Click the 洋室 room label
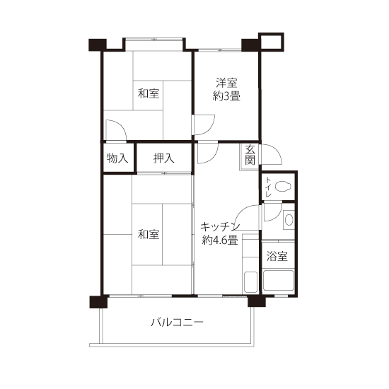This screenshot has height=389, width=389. tap(226, 83)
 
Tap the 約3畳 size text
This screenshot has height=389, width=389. tap(226, 96)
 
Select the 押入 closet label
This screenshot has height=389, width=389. tap(164, 158)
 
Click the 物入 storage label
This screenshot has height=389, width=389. tap(117, 158)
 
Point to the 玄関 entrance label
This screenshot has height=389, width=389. tap(250, 156)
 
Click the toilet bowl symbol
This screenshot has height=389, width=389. tap(283, 186)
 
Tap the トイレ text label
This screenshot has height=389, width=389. tap(268, 187)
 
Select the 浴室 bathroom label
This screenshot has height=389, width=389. tap(277, 256)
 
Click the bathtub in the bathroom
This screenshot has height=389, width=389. tap(279, 280)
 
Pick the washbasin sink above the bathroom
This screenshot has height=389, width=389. tap(289, 220)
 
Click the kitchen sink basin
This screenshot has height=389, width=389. tap(250, 282)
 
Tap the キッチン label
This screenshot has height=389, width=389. tap(220, 226)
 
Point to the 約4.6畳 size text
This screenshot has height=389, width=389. tap(220, 240)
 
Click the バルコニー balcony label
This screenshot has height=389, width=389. tap(177, 323)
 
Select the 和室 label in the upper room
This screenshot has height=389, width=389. tap(149, 93)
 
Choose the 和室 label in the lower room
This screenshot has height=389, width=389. tap(149, 234)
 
